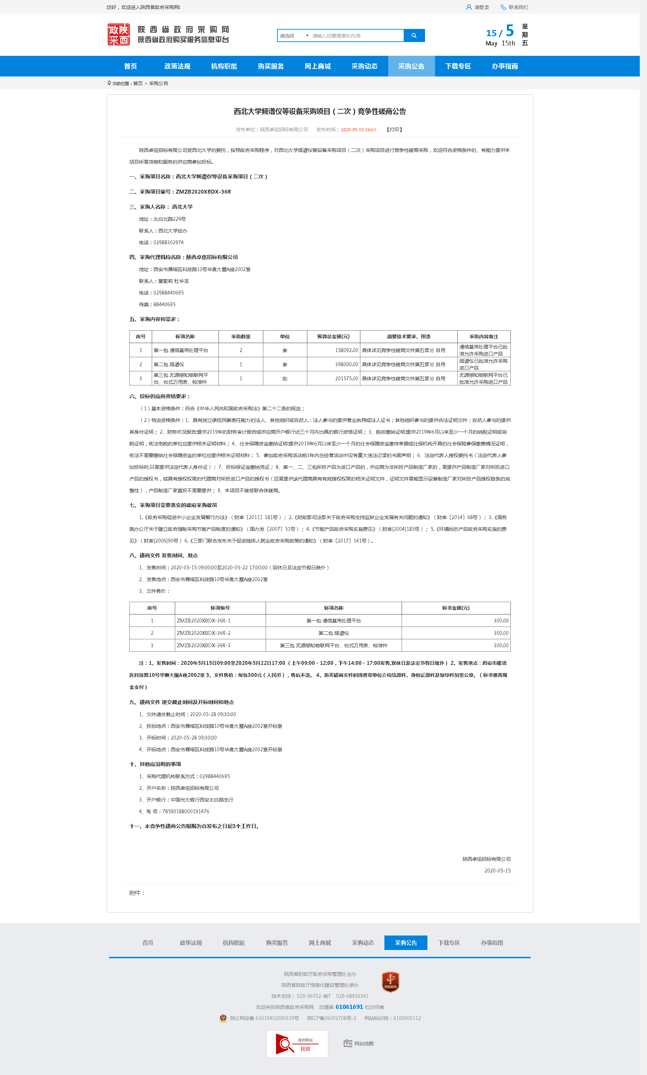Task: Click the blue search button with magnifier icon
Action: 414,36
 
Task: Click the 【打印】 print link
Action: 394,130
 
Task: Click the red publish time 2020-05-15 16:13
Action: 358,130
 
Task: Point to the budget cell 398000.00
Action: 346,364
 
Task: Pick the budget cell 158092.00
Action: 346,350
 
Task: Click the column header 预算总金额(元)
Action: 333,337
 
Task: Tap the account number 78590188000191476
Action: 186,812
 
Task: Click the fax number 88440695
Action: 165,304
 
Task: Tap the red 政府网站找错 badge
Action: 297,1044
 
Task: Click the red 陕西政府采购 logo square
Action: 119,35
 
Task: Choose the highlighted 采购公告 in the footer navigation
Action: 405,943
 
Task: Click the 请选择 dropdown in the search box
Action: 294,36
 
